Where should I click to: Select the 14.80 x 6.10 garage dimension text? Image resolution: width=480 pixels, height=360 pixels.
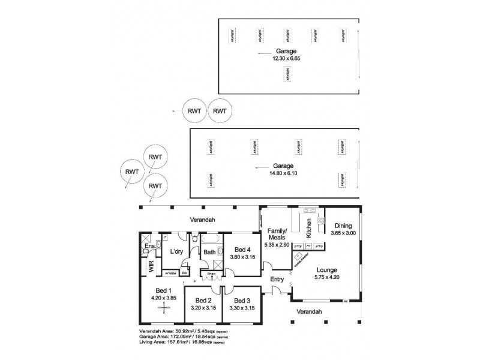pos(284,173)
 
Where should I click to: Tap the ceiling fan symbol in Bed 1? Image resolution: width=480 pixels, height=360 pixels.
pos(163,307)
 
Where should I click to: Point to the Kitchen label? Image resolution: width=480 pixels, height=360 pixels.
pos(309,228)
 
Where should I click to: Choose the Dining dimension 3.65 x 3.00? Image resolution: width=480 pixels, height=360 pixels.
pos(343,233)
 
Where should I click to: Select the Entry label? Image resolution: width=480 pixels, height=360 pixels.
pos(277,280)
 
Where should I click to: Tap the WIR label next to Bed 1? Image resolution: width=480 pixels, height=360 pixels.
pos(151,267)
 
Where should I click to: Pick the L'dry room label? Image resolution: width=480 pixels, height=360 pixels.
pos(176,252)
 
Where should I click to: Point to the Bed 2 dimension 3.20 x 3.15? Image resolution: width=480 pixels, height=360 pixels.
pos(203,308)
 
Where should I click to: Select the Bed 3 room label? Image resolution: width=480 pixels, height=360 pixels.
pos(242,301)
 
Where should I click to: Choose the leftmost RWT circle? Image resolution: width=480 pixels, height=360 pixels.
pos(132,172)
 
